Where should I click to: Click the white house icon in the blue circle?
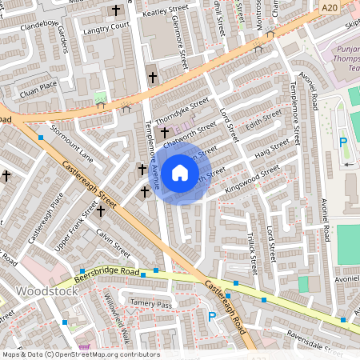[x=180, y=173]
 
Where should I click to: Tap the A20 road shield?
[x=328, y=7]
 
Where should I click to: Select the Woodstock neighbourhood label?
[x=47, y=291]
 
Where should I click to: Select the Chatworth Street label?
[x=190, y=134]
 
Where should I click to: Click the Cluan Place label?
[x=39, y=84]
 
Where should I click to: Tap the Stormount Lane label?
[x=72, y=143]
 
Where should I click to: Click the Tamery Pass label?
[x=152, y=305]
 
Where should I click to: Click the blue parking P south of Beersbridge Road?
[x=212, y=317]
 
